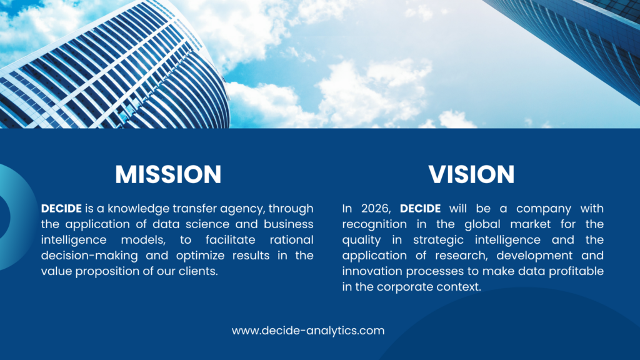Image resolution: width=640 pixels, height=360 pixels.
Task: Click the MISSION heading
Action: tap(168, 174)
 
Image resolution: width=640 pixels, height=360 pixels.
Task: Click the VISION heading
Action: tap(471, 174)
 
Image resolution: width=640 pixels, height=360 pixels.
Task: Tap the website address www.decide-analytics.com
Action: tap(308, 331)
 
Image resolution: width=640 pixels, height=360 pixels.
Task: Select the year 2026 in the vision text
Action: tap(376, 209)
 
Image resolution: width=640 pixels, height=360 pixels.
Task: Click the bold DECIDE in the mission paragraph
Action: tap(61, 209)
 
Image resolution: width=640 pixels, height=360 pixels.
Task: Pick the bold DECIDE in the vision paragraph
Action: tap(420, 209)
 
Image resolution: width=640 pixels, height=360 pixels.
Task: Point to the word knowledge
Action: tap(138, 209)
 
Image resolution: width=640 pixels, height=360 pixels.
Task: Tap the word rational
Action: tap(291, 239)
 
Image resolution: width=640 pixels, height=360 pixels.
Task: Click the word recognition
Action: tap(374, 225)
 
